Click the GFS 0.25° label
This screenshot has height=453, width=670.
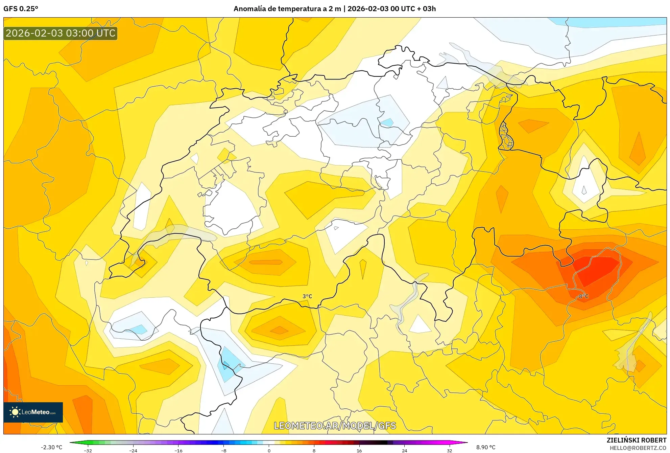coord(21,9)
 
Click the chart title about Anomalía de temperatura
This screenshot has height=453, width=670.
coord(334,9)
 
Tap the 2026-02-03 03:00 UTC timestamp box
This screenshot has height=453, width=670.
coord(61,33)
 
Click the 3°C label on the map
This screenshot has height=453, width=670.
coord(307,296)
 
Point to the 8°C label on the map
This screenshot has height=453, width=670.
coord(583,296)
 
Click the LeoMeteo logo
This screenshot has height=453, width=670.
coord(33,412)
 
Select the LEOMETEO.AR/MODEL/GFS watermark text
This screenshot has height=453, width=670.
coord(335,426)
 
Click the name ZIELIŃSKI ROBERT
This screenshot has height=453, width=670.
coord(636,440)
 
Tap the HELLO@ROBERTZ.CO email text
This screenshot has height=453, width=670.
coord(638,448)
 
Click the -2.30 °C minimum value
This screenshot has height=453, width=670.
coord(51,447)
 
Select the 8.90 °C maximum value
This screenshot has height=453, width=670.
coord(486,447)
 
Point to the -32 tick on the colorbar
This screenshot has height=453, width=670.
coord(88,451)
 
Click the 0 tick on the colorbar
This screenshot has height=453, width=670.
coord(269,451)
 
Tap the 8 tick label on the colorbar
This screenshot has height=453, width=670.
coord(314,451)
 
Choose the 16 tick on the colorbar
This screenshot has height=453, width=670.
coord(359,451)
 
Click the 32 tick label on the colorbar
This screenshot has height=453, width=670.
coord(449,451)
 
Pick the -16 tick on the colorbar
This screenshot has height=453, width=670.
coord(178,451)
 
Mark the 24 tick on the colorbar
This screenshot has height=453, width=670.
coord(404,451)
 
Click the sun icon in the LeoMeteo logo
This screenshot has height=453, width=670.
coord(15,412)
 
